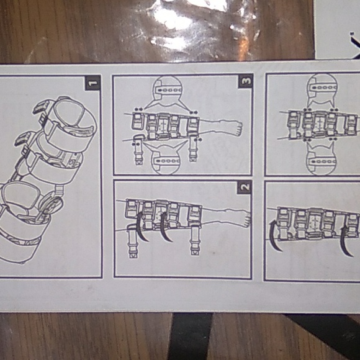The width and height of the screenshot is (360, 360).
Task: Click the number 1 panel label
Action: coord(92,82)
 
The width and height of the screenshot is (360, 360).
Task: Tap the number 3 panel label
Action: coord(245,81)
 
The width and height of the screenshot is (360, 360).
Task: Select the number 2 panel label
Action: coord(244,187)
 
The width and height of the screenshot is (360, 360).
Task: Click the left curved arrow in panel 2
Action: coord(142,227)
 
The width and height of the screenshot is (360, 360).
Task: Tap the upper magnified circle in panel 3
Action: coord(166,90)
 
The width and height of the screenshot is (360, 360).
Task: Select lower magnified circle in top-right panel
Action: coord(322,159)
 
